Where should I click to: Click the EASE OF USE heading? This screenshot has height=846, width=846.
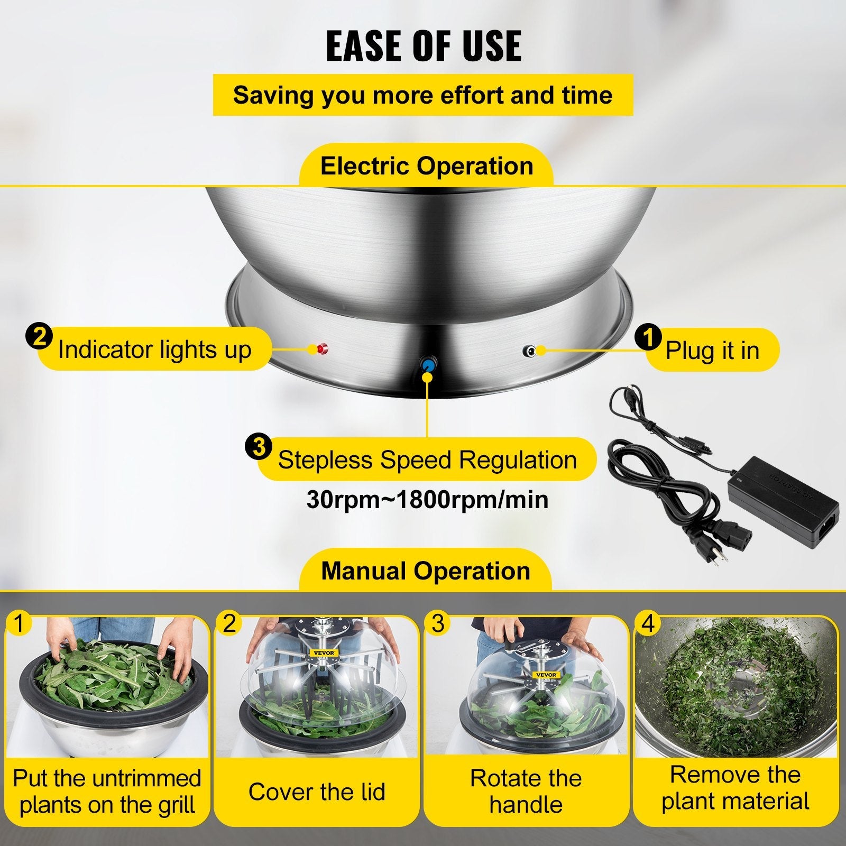pyautogui.click(x=424, y=47)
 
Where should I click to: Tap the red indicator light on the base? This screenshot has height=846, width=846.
pyautogui.click(x=321, y=349)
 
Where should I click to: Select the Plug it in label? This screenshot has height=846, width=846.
pyautogui.click(x=712, y=350)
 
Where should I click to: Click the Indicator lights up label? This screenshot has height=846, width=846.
pyautogui.click(x=154, y=350)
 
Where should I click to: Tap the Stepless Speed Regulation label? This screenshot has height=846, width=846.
pyautogui.click(x=427, y=459)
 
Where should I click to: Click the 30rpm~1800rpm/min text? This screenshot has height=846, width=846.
pyautogui.click(x=427, y=500)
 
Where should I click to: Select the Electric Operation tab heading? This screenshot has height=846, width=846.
pyautogui.click(x=426, y=166)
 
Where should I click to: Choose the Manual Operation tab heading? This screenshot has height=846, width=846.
pyautogui.click(x=426, y=571)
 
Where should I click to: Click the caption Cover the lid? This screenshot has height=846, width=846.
pyautogui.click(x=317, y=792)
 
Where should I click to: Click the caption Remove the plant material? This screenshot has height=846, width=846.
pyautogui.click(x=735, y=788)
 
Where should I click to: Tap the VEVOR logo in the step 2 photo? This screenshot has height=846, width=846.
pyautogui.click(x=323, y=652)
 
